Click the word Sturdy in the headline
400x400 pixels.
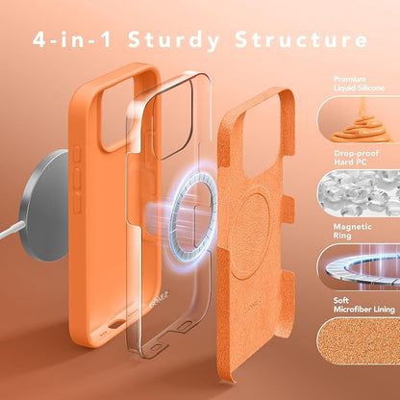coord(174,40)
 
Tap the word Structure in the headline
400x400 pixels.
coord(301,39)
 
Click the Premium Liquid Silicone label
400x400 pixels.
coord(359,84)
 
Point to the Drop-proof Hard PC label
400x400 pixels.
coord(356,158)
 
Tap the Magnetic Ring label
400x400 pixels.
coord(352,231)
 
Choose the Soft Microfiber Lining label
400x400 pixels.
coord(363,305)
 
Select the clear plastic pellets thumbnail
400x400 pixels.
coord(359,193)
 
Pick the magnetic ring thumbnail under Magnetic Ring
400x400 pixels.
coord(359,266)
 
